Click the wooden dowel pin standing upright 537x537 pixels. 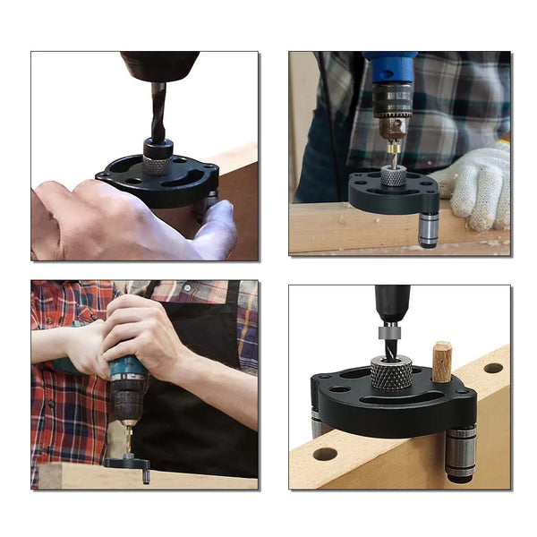442,362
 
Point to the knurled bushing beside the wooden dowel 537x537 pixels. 390,371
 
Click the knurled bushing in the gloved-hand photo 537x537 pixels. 393,175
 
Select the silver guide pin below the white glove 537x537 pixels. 429,228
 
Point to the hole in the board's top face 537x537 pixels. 493,368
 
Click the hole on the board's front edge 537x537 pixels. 325,454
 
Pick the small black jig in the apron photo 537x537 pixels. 127,463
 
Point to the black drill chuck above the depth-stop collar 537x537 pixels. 392,302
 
